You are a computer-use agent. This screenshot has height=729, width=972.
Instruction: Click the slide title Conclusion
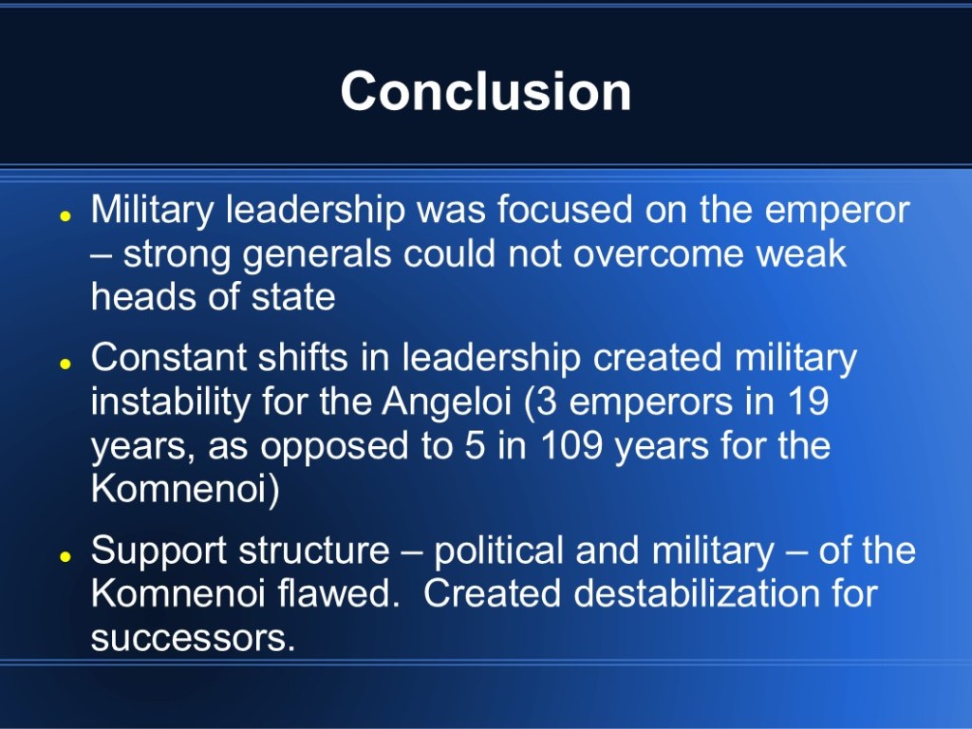click(485, 91)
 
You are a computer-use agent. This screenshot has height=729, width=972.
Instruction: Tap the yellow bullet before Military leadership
click(65, 216)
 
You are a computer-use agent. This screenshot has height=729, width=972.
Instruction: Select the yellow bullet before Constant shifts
click(65, 364)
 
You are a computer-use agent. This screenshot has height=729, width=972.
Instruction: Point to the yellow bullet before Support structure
click(65, 556)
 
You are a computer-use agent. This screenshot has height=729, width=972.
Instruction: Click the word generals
click(317, 255)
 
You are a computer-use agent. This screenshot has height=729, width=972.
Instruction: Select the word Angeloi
click(447, 402)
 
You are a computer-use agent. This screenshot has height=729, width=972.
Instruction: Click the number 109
click(571, 445)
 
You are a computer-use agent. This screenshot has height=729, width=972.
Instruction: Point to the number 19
click(809, 402)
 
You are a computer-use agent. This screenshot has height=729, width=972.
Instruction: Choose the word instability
click(171, 402)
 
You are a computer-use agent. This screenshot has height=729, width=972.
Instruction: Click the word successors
click(193, 638)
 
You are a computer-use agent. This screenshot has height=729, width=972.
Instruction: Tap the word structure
click(314, 551)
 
